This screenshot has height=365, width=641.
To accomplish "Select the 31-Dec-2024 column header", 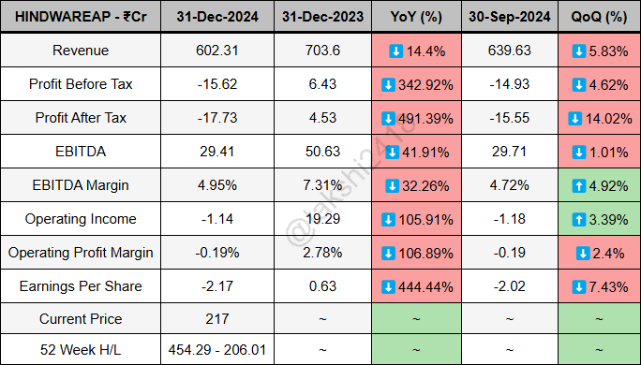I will [217, 17].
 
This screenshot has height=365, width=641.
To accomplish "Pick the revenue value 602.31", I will [217, 51].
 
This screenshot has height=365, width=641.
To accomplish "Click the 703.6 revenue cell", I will [321, 51].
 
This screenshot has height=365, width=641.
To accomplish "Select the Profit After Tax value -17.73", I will [217, 118].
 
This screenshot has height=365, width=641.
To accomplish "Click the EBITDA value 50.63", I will [321, 152].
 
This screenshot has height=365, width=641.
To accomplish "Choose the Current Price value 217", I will [217, 319].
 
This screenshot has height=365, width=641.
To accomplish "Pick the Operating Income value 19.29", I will [321, 219].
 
